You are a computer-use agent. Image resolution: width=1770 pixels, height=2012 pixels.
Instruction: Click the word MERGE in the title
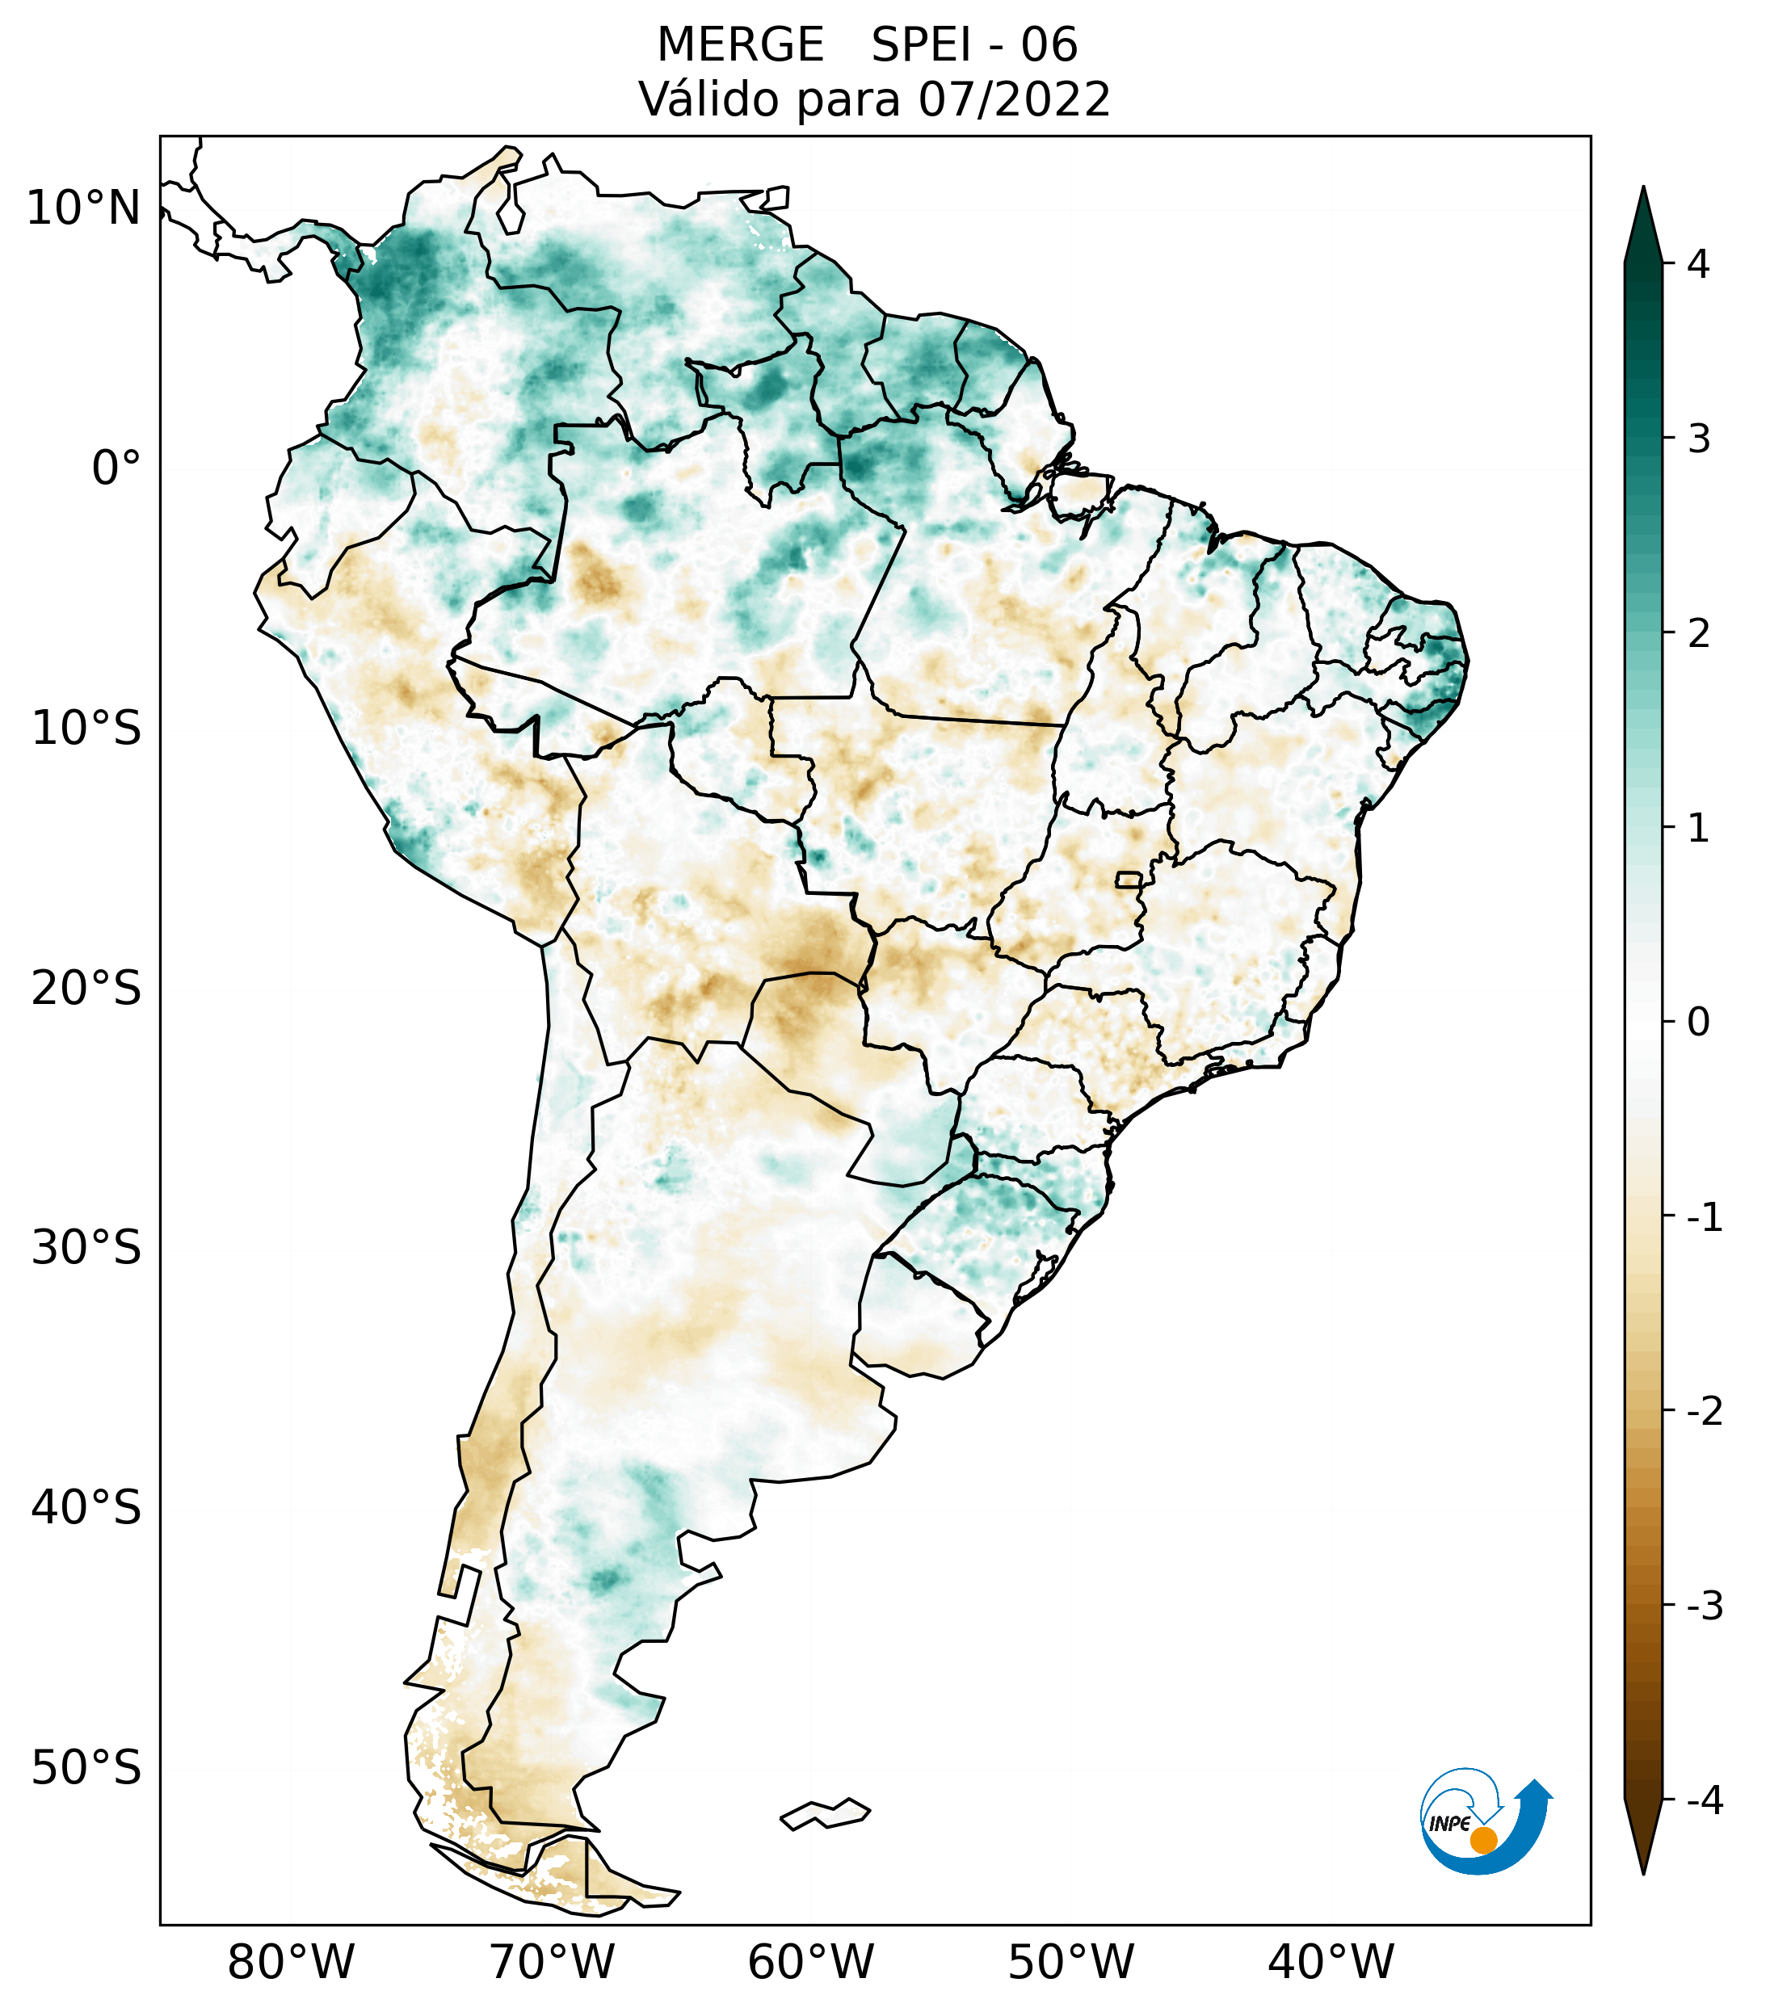tap(739, 45)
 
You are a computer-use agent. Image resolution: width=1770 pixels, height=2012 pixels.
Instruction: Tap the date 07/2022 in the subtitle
tap(1014, 99)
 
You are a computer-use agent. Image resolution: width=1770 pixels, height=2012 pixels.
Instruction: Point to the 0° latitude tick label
tap(116, 468)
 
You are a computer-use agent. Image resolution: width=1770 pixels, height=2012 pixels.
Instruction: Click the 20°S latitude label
tap(86, 989)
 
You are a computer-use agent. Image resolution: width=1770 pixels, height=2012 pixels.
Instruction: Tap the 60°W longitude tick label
tap(810, 1963)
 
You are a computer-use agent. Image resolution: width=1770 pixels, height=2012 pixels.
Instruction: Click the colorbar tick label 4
tap(1698, 264)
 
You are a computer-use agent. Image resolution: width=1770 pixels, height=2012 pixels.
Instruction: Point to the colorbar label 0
tap(1698, 1023)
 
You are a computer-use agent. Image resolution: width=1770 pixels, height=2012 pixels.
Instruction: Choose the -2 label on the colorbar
tap(1704, 1412)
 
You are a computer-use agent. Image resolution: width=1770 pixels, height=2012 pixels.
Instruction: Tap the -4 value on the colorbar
tap(1704, 1801)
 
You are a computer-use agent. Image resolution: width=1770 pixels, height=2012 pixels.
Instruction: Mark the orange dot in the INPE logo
tap(1482, 1840)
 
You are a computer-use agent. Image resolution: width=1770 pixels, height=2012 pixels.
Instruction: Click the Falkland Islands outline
tap(825, 1813)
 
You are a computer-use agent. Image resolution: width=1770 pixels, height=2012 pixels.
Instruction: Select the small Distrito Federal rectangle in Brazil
tap(1129, 879)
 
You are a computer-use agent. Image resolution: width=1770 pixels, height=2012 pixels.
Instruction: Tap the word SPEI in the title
tap(920, 45)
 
